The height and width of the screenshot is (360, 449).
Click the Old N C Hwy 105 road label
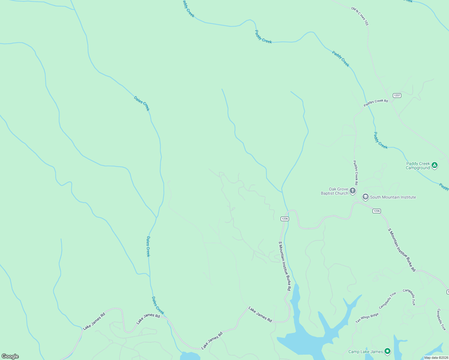pos(360,16)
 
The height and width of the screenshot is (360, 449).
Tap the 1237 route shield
pos(397,95)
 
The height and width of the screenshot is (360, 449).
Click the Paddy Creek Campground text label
pos(418,166)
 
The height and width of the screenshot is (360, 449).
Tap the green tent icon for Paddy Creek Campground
pos(434,165)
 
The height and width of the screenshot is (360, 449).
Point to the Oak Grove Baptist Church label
pos(334,191)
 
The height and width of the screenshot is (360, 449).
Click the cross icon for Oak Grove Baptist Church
pos(353,190)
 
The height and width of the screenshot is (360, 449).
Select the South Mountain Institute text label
pos(393,197)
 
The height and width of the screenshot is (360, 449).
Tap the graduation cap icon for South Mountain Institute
pos(365,197)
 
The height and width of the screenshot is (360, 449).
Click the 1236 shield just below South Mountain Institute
pos(376,211)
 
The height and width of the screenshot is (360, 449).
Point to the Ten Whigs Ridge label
pos(367,318)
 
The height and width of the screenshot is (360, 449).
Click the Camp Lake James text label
pos(366,352)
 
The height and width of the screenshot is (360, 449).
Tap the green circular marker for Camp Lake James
pos(387,351)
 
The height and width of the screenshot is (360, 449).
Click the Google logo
pos(10,356)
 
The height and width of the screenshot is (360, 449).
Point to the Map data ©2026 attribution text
pos(436,358)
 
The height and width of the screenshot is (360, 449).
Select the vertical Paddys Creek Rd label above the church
pos(355,172)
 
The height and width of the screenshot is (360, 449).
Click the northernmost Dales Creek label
pos(142,103)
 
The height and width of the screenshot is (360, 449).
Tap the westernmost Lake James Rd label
pos(94,321)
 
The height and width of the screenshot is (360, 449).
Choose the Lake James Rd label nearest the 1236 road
pos(260,314)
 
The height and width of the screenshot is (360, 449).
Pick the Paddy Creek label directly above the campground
pos(381,140)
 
